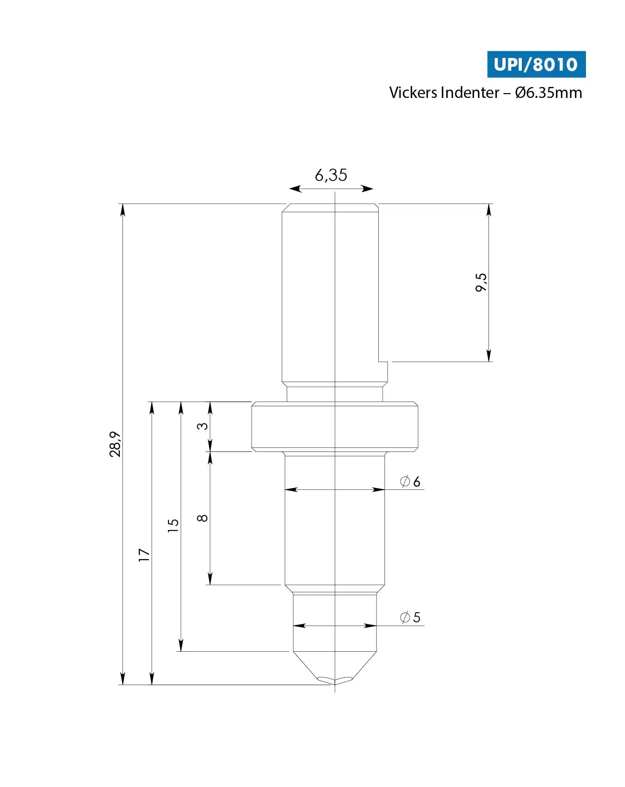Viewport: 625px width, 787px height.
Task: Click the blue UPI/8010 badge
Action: pos(536,65)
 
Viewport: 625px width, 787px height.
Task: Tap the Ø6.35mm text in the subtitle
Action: pos(548,93)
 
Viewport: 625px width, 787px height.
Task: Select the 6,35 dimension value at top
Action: pos(331,175)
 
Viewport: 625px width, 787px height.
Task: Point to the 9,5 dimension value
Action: pos(481,282)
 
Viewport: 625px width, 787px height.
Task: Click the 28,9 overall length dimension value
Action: pos(115,444)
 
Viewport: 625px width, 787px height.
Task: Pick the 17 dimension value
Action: pos(144,555)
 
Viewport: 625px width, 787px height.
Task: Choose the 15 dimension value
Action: pos(173,525)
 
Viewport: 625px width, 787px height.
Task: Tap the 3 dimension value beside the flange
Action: pos(202,426)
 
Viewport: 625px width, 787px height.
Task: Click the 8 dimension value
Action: pos(202,518)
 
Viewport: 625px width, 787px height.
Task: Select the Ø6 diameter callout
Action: pos(410,481)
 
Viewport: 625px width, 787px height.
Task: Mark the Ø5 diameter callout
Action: pos(410,617)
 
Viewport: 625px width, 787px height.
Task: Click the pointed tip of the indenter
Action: pos(335,683)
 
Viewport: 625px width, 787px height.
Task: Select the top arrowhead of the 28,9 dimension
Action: pos(122,210)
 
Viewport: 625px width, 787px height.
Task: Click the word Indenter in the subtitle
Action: pos(470,93)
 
